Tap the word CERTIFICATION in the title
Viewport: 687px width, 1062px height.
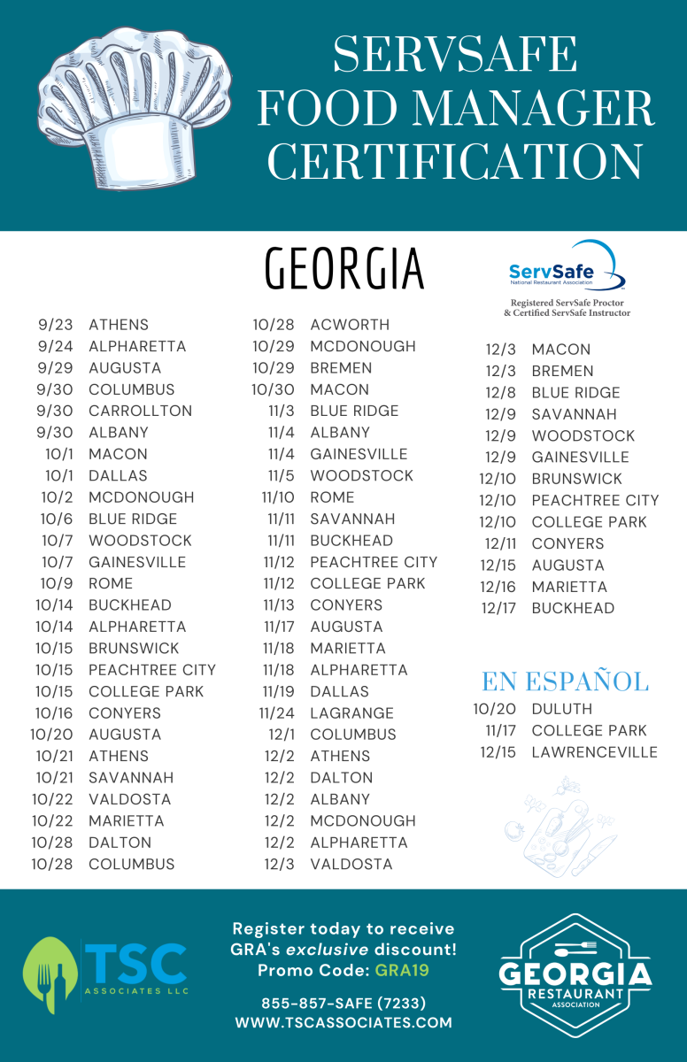point(455,161)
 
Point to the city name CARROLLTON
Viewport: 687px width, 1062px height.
point(140,411)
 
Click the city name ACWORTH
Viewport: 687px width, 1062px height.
point(350,325)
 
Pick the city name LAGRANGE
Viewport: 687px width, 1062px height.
point(351,713)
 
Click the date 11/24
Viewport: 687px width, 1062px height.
point(277,713)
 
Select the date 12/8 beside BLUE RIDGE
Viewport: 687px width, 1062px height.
point(500,393)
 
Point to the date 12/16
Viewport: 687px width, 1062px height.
point(498,587)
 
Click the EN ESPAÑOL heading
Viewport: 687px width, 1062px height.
point(565,681)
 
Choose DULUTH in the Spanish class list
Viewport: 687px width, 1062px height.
point(562,709)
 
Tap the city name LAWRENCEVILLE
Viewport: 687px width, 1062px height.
point(595,752)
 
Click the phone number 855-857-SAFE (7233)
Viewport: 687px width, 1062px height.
point(343,1004)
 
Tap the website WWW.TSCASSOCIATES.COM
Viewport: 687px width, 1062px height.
point(343,1023)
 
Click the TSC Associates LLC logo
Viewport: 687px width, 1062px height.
point(105,974)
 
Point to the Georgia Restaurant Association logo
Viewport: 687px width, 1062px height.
point(575,974)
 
